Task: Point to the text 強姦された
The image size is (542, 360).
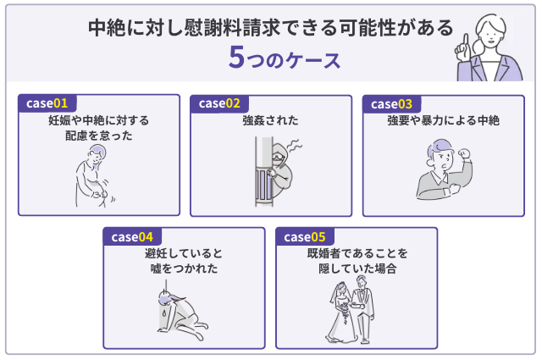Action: pyautogui.click(x=270, y=121)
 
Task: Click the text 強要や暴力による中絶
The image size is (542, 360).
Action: pyautogui.click(x=443, y=121)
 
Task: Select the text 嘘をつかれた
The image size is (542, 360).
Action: pyautogui.click(x=185, y=269)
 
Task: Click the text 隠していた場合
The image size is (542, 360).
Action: pyautogui.click(x=357, y=269)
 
